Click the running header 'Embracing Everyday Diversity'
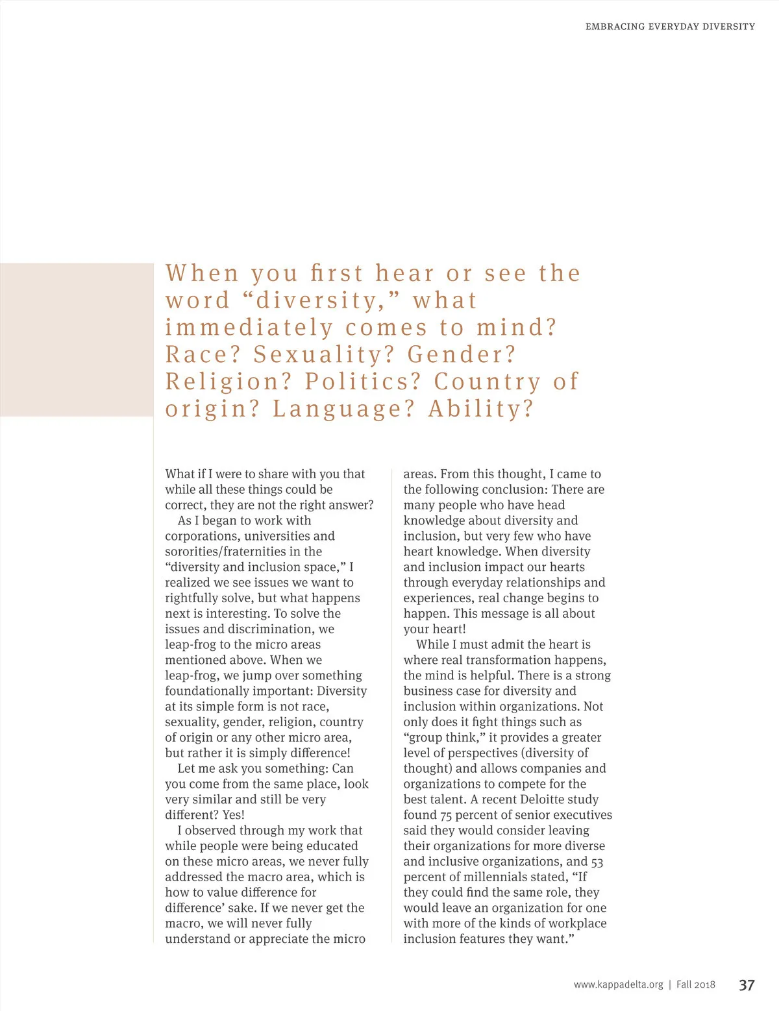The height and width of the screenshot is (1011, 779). (670, 27)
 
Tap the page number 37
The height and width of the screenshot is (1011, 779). (747, 985)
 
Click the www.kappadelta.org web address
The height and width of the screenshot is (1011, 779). (618, 985)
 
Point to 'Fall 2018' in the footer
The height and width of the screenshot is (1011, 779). (695, 985)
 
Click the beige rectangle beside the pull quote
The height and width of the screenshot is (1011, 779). (77, 339)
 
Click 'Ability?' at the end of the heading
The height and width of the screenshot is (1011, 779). (480, 409)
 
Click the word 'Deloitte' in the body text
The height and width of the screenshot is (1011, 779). (546, 799)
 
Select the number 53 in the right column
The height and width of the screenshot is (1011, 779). (597, 862)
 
